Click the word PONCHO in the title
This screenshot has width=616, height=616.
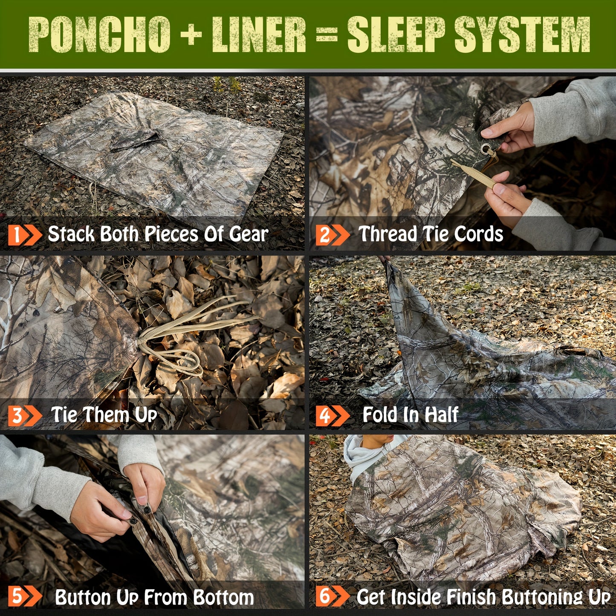pos(99,35)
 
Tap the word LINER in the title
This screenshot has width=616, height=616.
pos(259,35)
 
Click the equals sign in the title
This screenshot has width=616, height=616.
pos(327,35)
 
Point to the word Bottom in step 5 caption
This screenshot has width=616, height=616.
pos(223,597)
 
